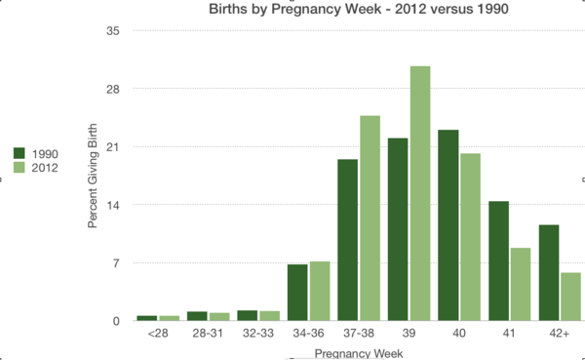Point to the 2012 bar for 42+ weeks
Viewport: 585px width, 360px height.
pyautogui.click(x=571, y=297)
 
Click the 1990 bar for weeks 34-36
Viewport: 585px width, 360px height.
pyautogui.click(x=297, y=293)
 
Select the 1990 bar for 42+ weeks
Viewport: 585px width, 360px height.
pyautogui.click(x=549, y=273)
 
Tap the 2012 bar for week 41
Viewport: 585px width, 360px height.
pyautogui.click(x=521, y=284)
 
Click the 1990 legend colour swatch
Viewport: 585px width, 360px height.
pyautogui.click(x=19, y=153)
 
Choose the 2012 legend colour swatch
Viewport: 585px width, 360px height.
pyautogui.click(x=19, y=168)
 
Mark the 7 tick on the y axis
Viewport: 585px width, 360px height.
pyautogui.click(x=115, y=263)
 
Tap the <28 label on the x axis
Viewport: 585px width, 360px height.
pyautogui.click(x=158, y=334)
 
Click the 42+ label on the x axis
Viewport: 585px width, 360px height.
pyautogui.click(x=560, y=334)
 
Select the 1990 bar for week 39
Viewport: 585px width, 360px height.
pyautogui.click(x=398, y=229)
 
